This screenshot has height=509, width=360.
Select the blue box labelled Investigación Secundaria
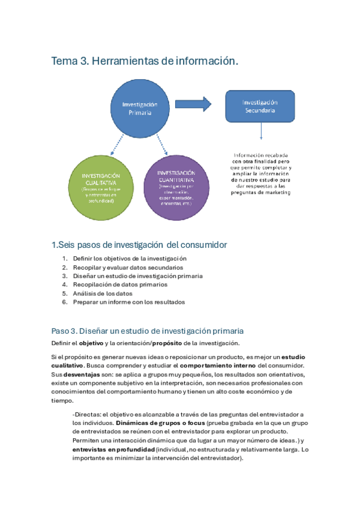[259, 106]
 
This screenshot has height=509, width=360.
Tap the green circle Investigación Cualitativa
[100, 186]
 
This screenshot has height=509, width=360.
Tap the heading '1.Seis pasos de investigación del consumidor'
[140, 245]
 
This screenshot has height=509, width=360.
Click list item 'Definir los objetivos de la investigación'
[126, 258]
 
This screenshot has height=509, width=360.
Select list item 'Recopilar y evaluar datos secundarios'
[128, 267]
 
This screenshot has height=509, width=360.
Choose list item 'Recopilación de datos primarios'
[120, 285]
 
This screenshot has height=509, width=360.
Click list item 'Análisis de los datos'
[103, 294]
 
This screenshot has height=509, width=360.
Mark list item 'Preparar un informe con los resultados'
[129, 302]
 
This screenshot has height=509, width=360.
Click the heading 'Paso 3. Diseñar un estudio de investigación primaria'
[148, 331]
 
